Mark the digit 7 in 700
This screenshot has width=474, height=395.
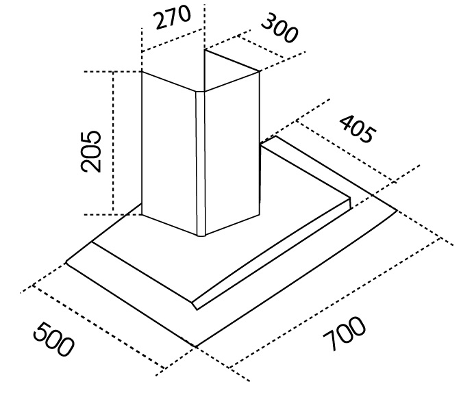tap(330, 345)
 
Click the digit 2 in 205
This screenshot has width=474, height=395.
tap(92, 164)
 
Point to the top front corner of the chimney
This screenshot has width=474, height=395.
tap(200, 92)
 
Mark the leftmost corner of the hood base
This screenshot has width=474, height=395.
tap(66, 261)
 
